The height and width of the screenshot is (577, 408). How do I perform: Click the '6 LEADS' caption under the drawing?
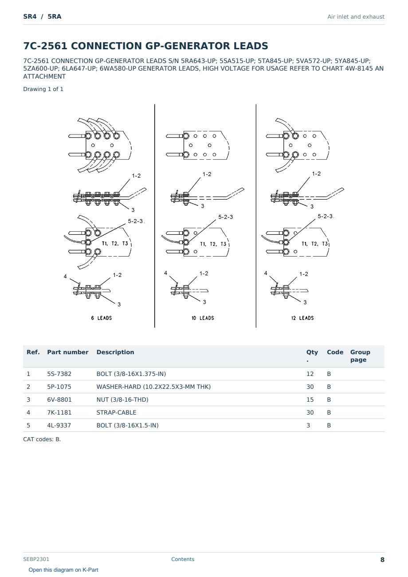click(102, 318)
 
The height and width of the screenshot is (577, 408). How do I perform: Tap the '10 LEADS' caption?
click(203, 318)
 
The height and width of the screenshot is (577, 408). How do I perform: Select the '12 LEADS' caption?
click(302, 318)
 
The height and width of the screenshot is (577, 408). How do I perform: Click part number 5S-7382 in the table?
click(59, 374)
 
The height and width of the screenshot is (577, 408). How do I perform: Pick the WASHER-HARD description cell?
click(153, 387)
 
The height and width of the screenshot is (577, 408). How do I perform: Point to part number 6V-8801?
click(59, 399)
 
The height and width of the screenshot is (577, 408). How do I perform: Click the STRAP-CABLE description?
click(116, 412)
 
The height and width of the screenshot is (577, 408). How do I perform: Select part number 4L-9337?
click(59, 425)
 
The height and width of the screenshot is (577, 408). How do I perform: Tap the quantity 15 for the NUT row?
click(310, 399)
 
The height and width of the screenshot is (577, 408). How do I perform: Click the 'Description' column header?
click(115, 352)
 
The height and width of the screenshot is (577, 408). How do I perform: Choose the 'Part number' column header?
click(68, 352)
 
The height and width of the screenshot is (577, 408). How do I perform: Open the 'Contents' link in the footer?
click(183, 559)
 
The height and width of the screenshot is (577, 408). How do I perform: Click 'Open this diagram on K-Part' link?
click(63, 569)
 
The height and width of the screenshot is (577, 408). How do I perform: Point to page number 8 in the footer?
click(382, 560)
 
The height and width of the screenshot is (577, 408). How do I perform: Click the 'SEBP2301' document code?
click(36, 559)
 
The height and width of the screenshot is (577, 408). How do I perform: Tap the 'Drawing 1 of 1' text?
click(43, 89)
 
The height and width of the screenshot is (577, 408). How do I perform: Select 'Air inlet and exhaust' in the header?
click(356, 17)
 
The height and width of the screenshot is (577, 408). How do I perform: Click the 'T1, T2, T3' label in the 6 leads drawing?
click(115, 243)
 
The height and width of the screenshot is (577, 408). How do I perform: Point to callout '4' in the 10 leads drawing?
click(165, 273)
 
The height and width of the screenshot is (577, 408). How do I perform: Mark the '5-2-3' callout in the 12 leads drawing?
click(325, 216)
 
